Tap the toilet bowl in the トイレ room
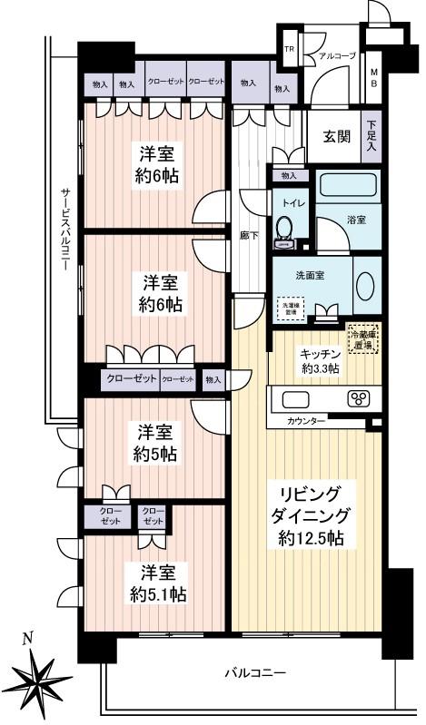pos(285,228)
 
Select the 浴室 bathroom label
pos(357,220)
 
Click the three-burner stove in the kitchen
pos(358,398)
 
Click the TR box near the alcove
pos(290,51)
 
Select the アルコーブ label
pos(334,55)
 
